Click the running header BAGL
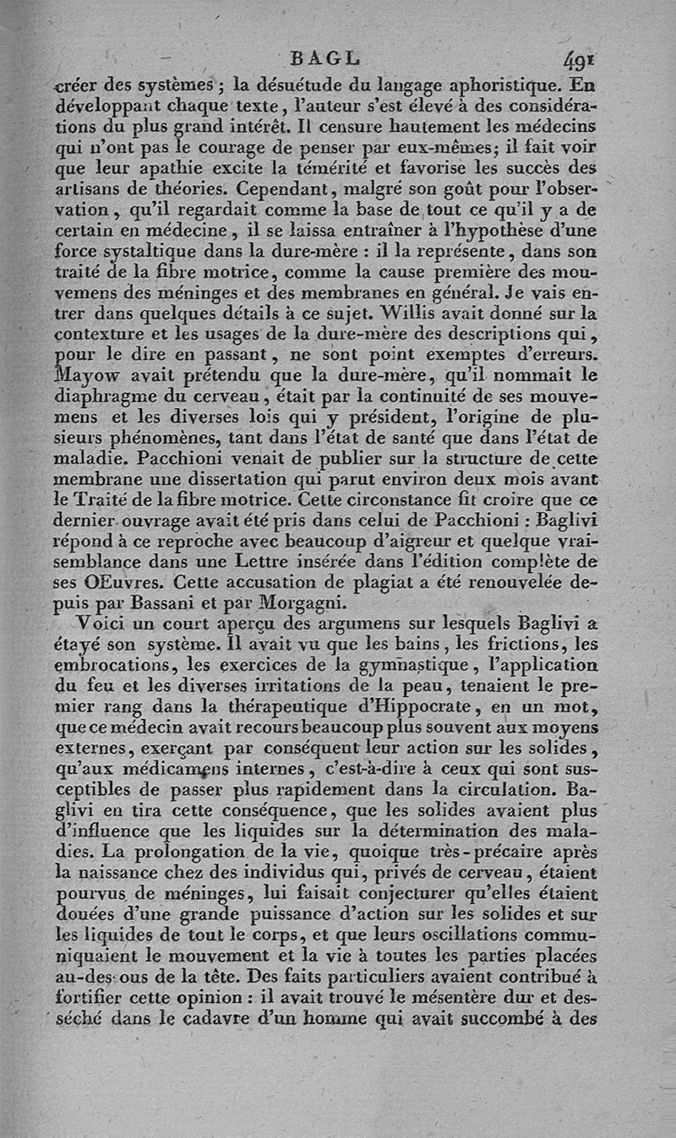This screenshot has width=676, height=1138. click(x=324, y=60)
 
